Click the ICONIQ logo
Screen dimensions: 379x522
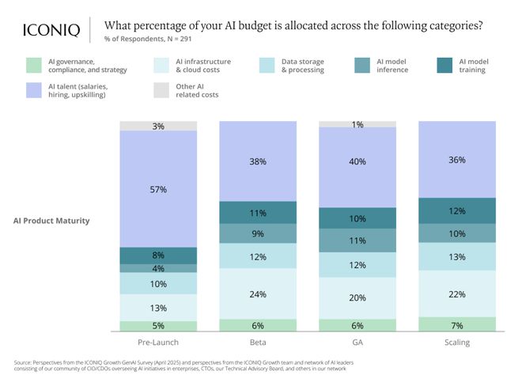50,30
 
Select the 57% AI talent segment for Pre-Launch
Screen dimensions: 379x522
158,189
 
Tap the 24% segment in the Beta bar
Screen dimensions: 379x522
258,294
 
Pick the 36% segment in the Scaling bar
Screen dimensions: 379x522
456,159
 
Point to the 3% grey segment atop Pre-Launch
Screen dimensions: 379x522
158,126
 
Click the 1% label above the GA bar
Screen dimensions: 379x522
357,124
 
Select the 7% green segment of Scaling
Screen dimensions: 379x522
456,324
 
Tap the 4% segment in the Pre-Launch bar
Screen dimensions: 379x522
158,268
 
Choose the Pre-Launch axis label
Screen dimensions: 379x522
158,343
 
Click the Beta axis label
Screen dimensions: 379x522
258,343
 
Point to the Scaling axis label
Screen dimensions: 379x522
456,343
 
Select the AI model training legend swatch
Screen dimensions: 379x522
444,65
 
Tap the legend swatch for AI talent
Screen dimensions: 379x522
34,90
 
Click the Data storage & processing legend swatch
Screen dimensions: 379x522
267,65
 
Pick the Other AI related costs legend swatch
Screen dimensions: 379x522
161,90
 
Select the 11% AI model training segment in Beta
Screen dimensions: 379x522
258,213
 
